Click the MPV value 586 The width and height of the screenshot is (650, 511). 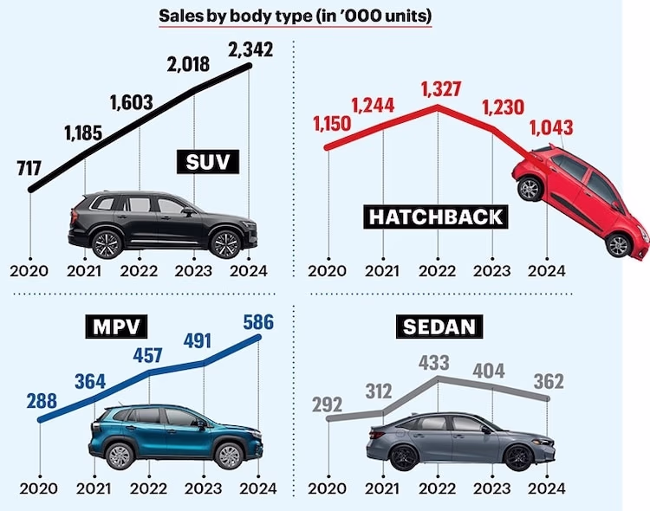point(260,320)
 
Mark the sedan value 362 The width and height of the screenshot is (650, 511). point(549,381)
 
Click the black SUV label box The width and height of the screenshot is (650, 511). point(211,162)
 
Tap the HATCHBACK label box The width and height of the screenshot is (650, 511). point(437,217)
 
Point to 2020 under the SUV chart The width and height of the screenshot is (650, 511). point(30,269)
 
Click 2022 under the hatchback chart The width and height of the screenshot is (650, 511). point(438,269)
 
